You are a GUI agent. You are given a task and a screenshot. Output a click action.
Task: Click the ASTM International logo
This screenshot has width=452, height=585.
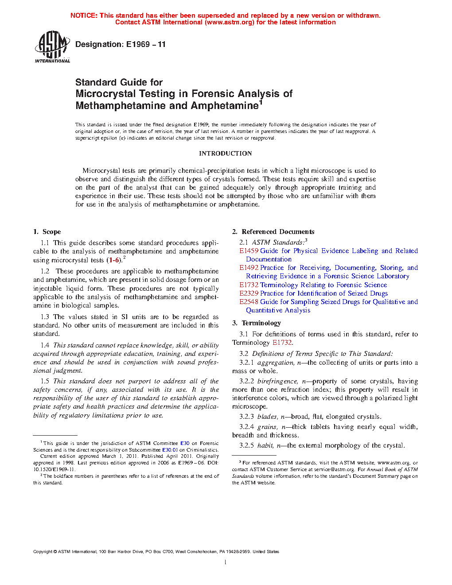[52, 47]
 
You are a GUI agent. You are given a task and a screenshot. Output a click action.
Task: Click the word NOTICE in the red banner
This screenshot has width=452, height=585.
[83, 16]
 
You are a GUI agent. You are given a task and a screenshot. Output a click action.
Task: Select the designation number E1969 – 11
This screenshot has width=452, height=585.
[146, 44]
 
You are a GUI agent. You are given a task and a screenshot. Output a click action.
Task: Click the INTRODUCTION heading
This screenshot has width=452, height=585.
[225, 153]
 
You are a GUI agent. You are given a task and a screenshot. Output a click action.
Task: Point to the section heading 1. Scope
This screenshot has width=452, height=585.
[47, 232]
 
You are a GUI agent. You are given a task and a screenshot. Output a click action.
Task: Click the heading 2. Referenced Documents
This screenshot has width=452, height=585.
[273, 232]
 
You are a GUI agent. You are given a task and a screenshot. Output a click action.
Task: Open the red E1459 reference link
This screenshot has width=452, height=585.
[249, 251]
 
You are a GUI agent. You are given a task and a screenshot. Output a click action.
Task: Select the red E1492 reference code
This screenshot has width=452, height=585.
[249, 268]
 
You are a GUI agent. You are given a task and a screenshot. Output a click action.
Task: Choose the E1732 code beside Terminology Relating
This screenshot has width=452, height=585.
[249, 285]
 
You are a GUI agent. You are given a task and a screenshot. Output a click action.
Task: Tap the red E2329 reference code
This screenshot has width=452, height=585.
[249, 293]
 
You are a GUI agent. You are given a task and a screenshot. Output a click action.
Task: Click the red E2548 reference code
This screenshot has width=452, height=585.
[249, 302]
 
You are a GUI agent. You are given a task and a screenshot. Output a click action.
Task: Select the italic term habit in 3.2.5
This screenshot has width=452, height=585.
[265, 445]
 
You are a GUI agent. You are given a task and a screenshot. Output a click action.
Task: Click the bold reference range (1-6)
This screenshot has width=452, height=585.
[114, 260]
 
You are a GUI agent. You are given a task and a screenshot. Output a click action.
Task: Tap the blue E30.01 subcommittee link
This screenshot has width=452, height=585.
[170, 450]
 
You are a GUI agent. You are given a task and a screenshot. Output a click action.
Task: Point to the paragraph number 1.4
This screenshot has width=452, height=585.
[45, 345]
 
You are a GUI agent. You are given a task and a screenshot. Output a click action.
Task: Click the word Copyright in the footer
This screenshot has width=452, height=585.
[43, 552]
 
